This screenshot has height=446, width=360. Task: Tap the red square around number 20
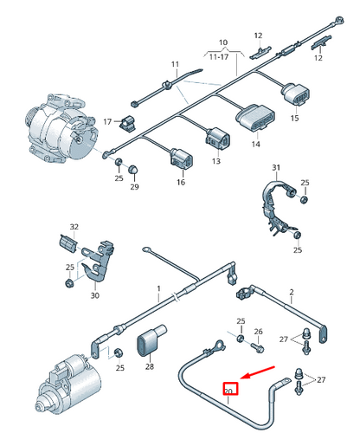pyautogui.click(x=230, y=389)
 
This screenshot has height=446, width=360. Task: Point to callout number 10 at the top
pyautogui.click(x=222, y=42)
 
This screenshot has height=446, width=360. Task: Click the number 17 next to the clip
pyautogui.click(x=108, y=121)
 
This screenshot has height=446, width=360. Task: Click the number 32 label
pyautogui.click(x=74, y=227)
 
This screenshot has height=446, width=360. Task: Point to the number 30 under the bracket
pyautogui.click(x=94, y=295)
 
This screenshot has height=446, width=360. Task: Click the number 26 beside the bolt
pyautogui.click(x=258, y=333)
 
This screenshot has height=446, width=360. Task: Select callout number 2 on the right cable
pyautogui.click(x=292, y=292)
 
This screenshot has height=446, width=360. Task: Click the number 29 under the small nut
pyautogui.click(x=134, y=187)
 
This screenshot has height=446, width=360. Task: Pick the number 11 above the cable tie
pyautogui.click(x=174, y=64)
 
